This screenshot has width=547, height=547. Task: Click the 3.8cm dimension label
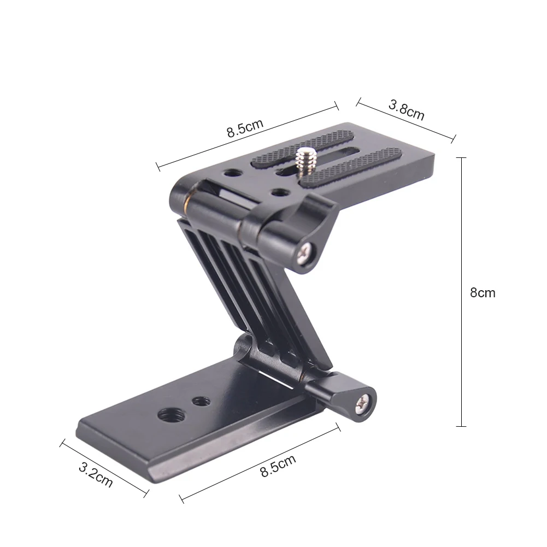pos(407,110)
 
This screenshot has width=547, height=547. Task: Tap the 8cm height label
pos(483,293)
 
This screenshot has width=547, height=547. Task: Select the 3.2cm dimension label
pos(96,475)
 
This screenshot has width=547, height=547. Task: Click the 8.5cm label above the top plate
pos(245,128)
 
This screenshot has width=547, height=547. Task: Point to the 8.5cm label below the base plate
pos(278,466)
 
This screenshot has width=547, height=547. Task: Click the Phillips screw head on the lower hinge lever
pos(363,405)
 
